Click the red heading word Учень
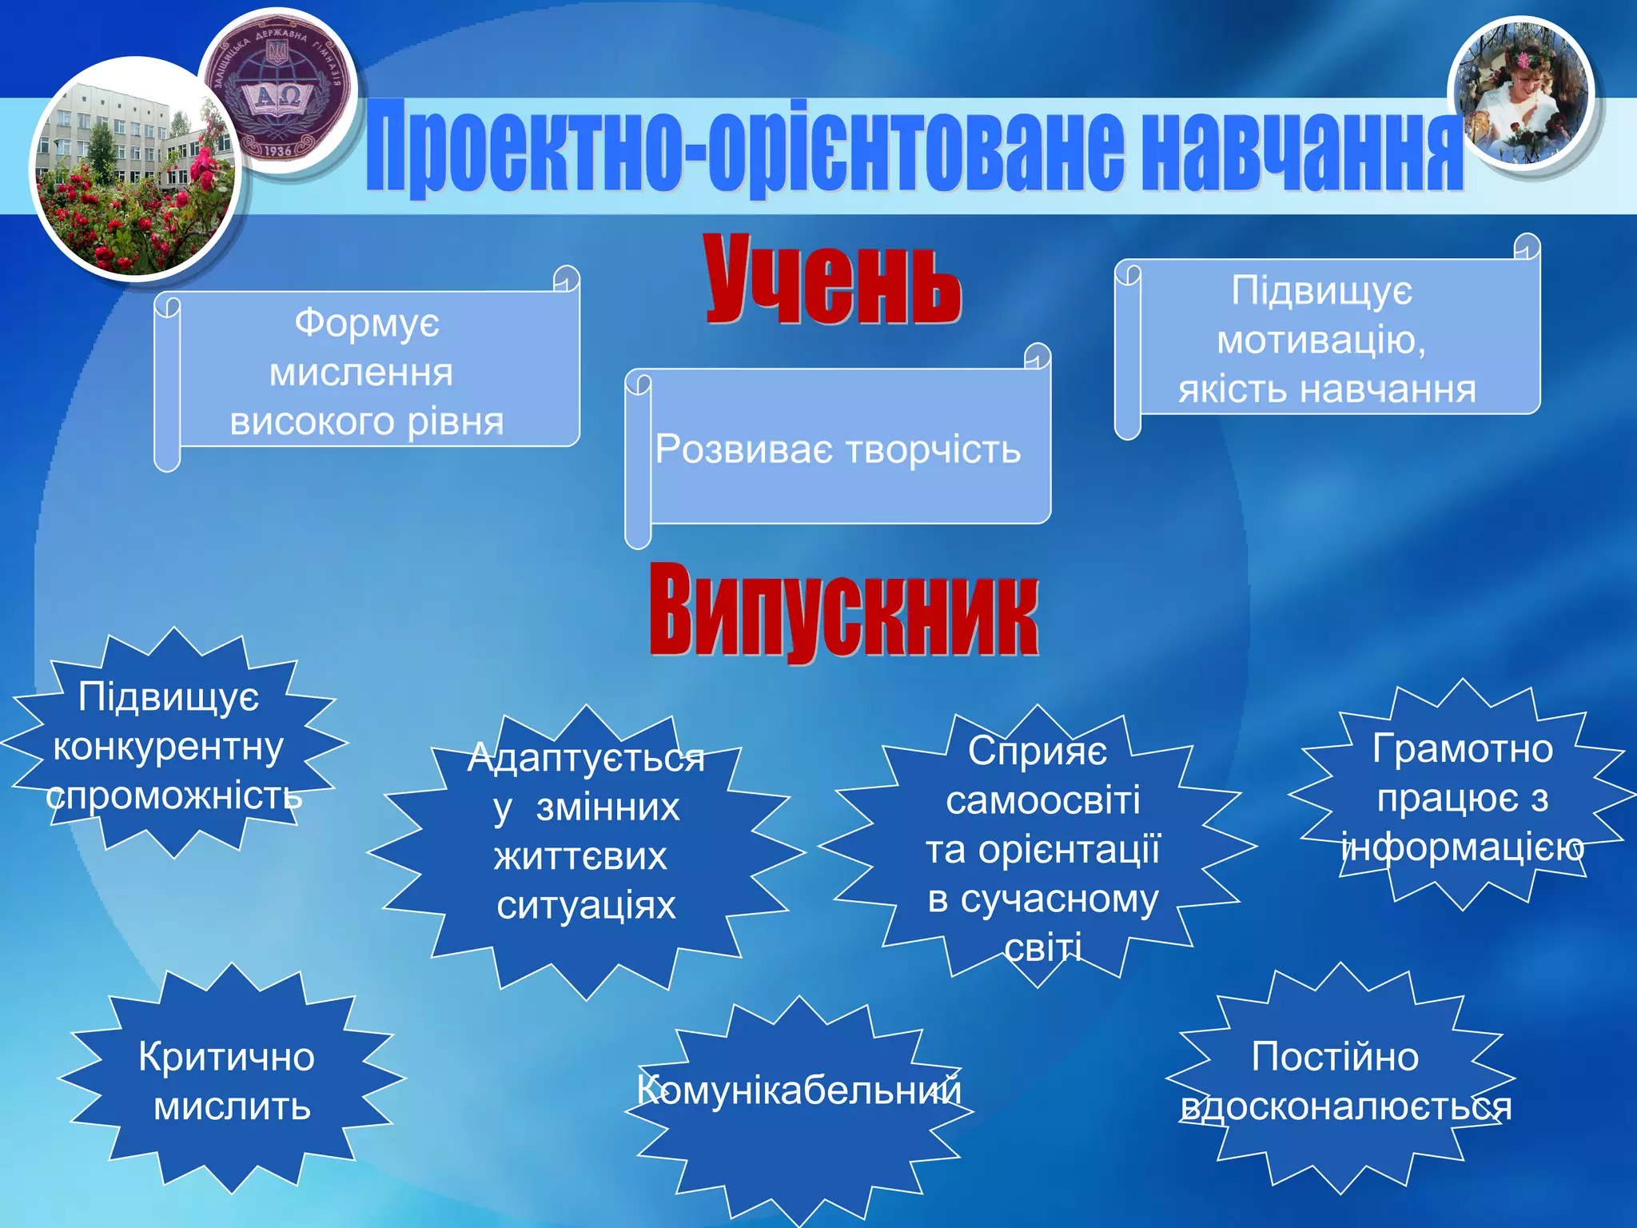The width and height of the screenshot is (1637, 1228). (832, 280)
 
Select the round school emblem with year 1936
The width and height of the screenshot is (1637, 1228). (277, 90)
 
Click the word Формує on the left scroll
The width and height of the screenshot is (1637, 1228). (367, 324)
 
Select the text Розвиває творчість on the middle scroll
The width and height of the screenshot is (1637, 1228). (838, 449)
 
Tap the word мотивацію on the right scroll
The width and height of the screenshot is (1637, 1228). (1320, 341)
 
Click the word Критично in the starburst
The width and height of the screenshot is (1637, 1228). (226, 1057)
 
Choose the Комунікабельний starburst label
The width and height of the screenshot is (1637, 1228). (799, 1090)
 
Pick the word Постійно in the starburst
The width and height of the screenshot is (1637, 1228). (1335, 1057)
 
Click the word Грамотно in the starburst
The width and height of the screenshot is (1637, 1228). (1462, 749)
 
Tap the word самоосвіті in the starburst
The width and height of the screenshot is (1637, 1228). (1042, 800)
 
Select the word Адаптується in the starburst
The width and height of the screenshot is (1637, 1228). (586, 758)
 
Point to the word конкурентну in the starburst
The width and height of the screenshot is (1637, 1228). (168, 748)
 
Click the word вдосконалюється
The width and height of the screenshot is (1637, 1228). (1346, 1107)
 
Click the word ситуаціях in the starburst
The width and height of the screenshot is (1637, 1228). (586, 906)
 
